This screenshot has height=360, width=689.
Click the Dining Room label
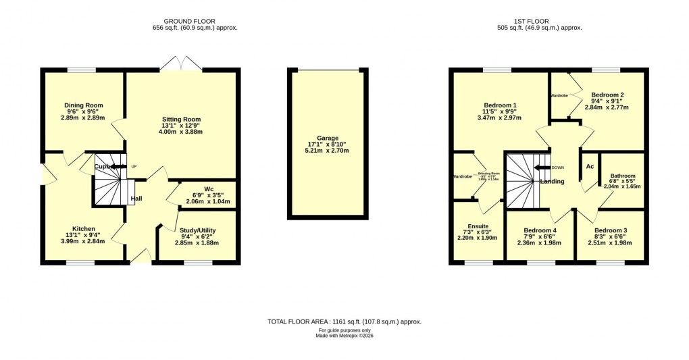click(x=83, y=105)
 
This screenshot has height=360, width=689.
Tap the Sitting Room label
click(x=181, y=120)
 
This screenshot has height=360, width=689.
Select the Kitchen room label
click(x=84, y=228)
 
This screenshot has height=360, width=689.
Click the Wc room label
click(x=209, y=188)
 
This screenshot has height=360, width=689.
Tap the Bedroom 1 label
click(x=500, y=105)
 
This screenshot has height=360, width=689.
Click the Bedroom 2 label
click(x=607, y=95)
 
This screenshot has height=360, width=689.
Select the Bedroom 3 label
click(x=611, y=230)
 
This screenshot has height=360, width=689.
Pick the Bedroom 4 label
click(x=540, y=230)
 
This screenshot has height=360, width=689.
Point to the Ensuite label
click(x=478, y=226)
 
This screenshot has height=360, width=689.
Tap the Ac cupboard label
click(x=590, y=166)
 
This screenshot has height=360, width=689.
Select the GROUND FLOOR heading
click(x=195, y=21)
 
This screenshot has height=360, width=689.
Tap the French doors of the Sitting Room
click(x=182, y=63)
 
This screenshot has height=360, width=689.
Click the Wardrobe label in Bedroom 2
click(x=559, y=96)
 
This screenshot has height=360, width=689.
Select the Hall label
click(x=136, y=199)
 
